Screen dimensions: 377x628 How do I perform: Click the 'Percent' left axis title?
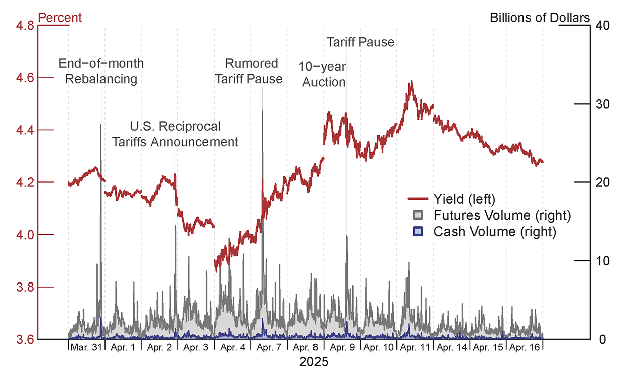(x=60, y=18)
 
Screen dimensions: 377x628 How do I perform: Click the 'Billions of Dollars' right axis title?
(x=540, y=18)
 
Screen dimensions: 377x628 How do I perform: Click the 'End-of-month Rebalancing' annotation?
(x=101, y=71)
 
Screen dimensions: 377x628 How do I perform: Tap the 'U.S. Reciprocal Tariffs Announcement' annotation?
(x=174, y=134)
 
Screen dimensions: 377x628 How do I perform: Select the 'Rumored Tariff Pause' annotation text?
(x=252, y=71)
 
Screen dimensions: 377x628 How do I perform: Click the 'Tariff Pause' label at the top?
(x=360, y=42)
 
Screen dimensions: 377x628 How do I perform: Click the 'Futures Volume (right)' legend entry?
(x=502, y=216)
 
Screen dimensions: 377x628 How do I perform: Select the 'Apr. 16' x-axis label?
(x=524, y=347)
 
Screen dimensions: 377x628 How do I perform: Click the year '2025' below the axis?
(x=313, y=362)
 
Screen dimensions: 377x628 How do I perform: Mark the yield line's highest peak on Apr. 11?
(x=411, y=81)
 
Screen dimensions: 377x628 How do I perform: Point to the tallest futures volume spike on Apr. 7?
(x=262, y=112)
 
